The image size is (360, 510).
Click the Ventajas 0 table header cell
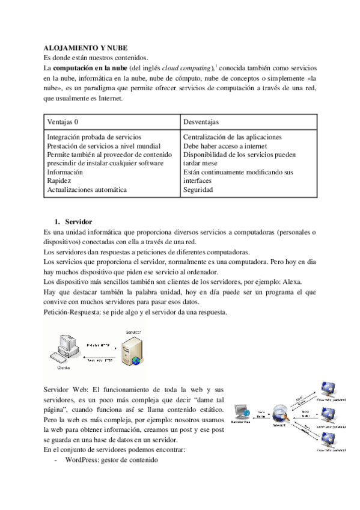point(63,121)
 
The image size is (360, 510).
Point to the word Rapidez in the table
point(59,180)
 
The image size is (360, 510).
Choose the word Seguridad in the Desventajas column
point(197,189)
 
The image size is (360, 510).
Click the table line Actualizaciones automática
point(87,189)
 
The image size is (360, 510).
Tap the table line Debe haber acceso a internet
point(224,146)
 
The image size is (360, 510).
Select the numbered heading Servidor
point(78,223)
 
